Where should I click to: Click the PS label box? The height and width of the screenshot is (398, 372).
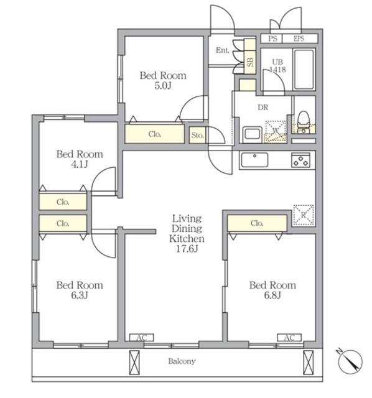272,39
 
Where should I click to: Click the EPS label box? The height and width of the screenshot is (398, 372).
300,39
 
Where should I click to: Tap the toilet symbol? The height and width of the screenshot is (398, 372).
303,122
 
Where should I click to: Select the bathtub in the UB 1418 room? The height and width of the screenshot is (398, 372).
304,69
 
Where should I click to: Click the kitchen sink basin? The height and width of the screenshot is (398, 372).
254,160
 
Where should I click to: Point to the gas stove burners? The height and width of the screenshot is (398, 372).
300,160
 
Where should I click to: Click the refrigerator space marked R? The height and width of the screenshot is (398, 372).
304,215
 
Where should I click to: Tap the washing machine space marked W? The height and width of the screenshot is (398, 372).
276,131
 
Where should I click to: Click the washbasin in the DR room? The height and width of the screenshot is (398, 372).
253,134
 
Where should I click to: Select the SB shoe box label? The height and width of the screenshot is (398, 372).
250,62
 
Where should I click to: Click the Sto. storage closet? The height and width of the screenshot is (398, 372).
197,135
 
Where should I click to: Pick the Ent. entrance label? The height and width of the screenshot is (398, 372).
223,50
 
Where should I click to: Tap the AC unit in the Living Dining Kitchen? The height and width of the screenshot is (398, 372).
142,338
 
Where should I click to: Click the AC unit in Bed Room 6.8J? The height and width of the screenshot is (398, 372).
289,338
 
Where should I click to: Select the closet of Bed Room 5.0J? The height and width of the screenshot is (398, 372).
154,134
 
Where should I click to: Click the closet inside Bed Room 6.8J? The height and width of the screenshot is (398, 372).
257,223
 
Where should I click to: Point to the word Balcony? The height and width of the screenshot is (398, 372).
182,361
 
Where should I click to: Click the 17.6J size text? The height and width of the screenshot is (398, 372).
187,249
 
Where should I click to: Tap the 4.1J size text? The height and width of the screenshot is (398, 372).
80,164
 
